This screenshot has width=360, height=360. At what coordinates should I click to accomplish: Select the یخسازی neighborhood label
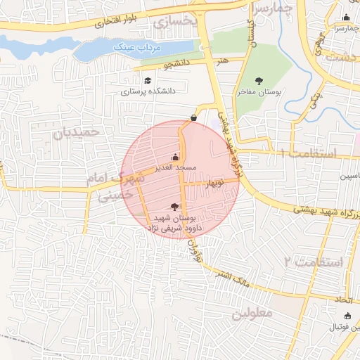(x=170, y=21)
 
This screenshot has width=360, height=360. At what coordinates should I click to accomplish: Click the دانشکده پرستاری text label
(x=148, y=91)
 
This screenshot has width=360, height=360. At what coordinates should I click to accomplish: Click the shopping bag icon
(x=194, y=117)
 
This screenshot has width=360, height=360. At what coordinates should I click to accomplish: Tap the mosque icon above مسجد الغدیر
(x=175, y=157)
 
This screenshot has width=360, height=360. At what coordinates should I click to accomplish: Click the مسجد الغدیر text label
(x=175, y=169)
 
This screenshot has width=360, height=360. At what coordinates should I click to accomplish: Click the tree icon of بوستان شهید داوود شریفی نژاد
(x=174, y=206)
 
